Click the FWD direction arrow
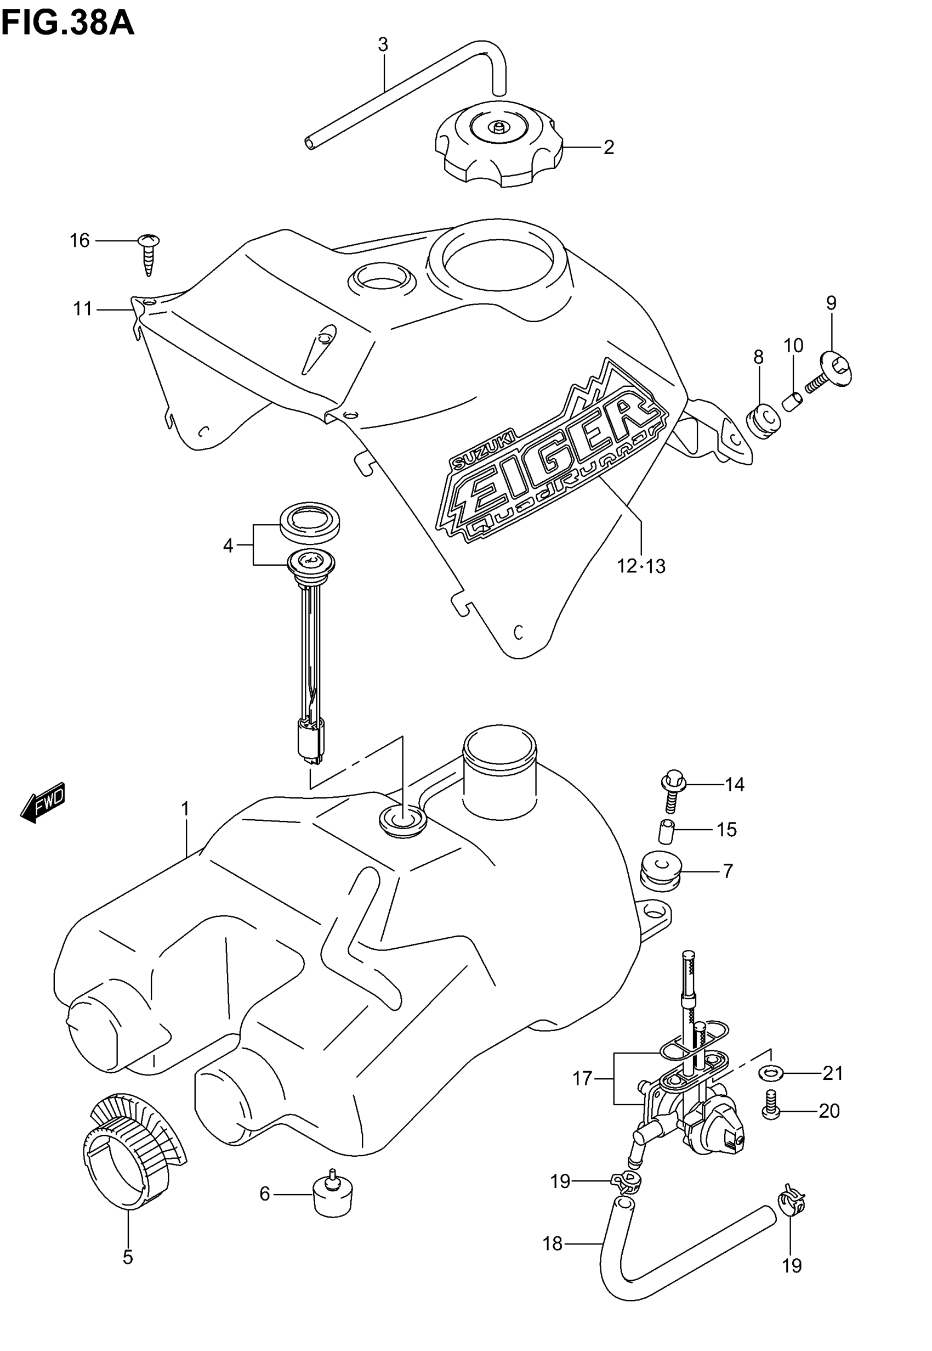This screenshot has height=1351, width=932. pyautogui.click(x=43, y=802)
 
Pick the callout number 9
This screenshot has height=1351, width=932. pyautogui.click(x=831, y=303)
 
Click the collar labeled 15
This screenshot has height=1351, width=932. pyautogui.click(x=667, y=831)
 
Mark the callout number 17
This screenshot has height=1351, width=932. pyautogui.click(x=582, y=1078)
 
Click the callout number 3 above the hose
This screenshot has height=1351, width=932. pyautogui.click(x=383, y=44)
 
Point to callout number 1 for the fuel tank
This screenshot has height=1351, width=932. pyautogui.click(x=185, y=809)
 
